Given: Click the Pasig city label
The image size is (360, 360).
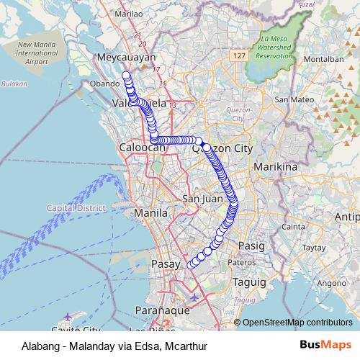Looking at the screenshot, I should [x=251, y=246].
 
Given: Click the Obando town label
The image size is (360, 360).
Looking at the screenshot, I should [x=104, y=84].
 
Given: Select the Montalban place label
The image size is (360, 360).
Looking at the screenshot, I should [x=319, y=58].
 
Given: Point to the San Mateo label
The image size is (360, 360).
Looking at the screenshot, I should [x=292, y=99].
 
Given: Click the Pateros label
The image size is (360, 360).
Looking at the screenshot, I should [x=240, y=263].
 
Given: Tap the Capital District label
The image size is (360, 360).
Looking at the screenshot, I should [x=76, y=207].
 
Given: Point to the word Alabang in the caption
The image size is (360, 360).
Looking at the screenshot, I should [x=32, y=345].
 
